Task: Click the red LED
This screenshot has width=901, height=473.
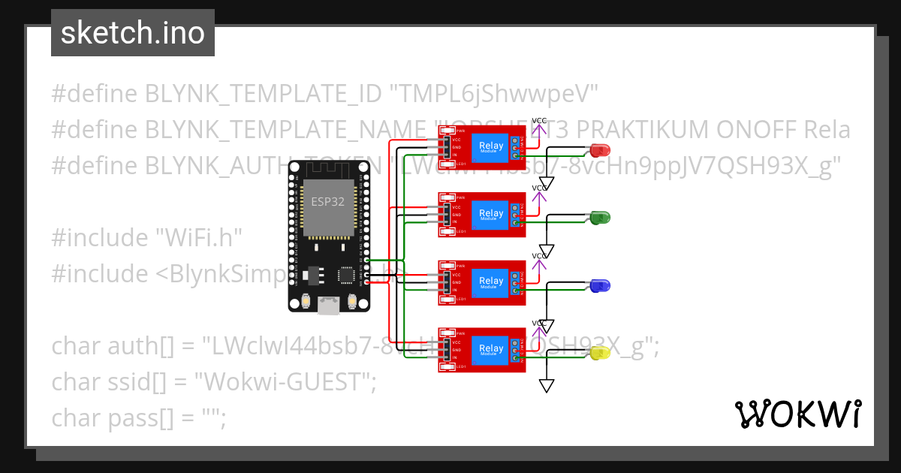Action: pos(600,149)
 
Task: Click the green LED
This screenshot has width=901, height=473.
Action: pos(600,218)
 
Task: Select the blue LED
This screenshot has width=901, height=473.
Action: pos(600,285)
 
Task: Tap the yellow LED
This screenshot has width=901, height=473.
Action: pos(600,353)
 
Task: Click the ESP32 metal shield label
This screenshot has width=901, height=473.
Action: pos(329,202)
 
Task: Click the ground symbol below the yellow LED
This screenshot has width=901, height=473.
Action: pos(547,385)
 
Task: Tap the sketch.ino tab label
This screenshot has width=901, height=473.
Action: pos(133,33)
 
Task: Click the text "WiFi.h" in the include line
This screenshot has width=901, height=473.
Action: pos(198,238)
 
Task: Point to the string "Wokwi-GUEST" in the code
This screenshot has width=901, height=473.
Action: pos(285,382)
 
